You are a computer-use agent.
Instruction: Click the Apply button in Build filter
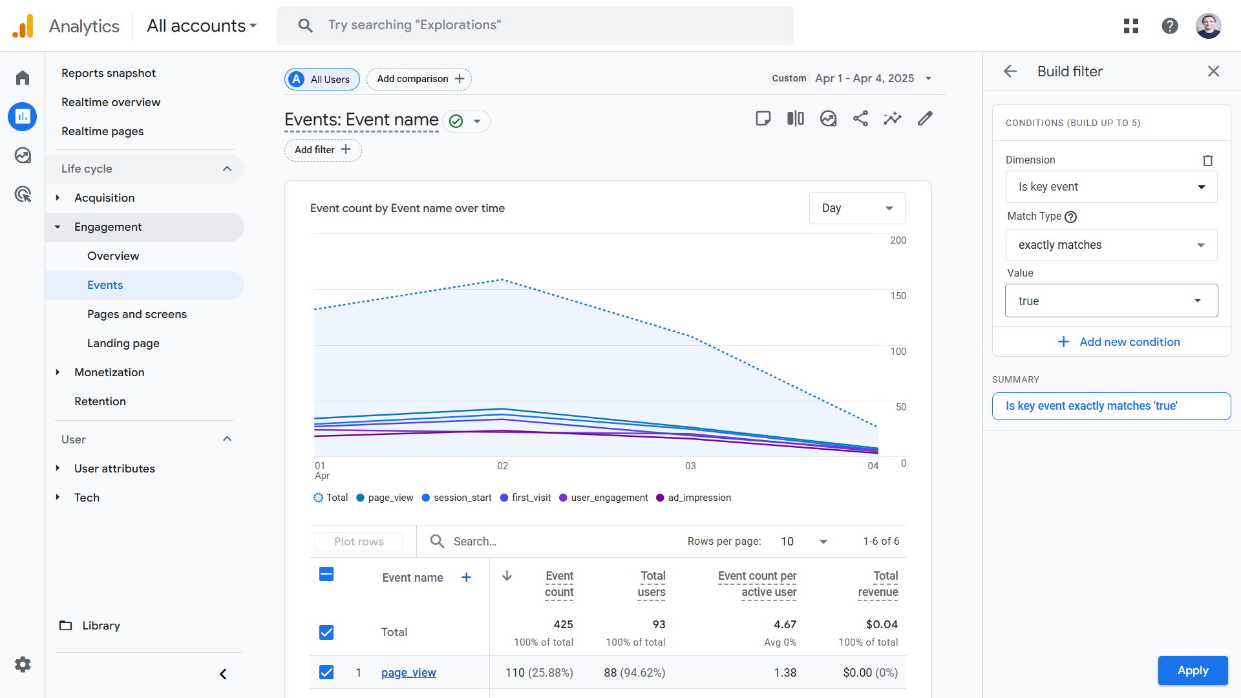(1193, 670)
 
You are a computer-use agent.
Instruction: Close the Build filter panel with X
(1213, 71)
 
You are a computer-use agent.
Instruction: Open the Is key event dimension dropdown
(1111, 187)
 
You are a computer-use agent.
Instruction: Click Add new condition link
(1119, 342)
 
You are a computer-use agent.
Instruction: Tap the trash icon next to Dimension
(1207, 160)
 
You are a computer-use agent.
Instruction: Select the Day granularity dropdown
(857, 208)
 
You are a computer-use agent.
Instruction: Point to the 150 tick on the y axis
(898, 296)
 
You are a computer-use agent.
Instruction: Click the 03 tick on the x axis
(690, 466)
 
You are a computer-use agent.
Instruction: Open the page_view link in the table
(408, 673)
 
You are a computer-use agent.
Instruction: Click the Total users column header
(652, 584)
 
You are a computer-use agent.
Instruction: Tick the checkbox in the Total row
(326, 632)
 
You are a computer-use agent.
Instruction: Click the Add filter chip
(323, 150)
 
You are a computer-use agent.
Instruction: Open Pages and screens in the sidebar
(137, 314)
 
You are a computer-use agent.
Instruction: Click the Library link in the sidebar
(101, 626)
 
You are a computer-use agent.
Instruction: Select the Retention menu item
(100, 401)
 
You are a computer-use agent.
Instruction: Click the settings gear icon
(23, 664)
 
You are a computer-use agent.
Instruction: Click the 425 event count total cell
(563, 624)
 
